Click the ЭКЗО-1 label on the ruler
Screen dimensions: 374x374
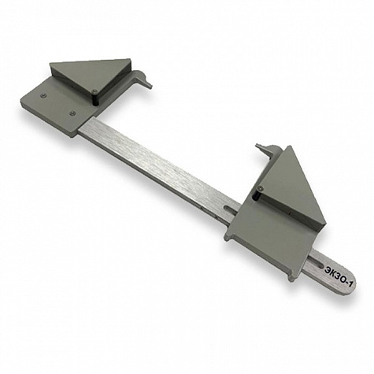tap(339, 276)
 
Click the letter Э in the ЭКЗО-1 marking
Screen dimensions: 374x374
tap(328, 268)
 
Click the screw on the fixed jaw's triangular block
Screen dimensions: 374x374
tap(94, 91)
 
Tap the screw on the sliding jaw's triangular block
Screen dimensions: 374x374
tap(260, 187)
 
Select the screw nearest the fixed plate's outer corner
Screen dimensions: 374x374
tap(43, 95)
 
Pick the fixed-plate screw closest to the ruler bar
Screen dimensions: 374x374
tap(72, 113)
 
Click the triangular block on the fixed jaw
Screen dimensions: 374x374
tap(91, 77)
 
